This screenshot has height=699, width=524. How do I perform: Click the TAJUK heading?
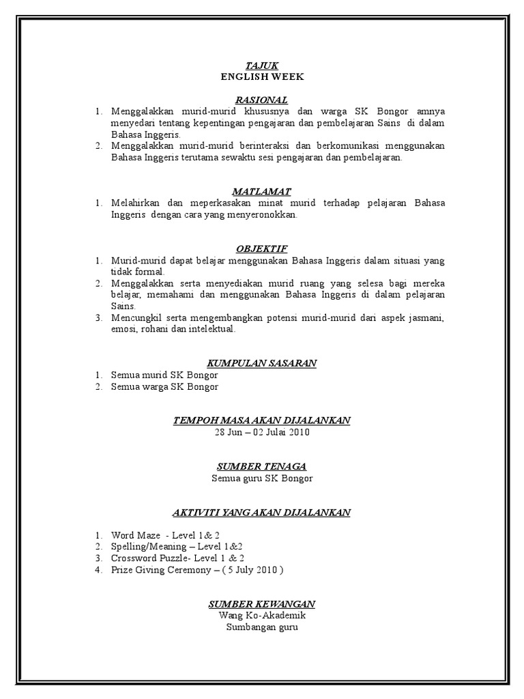click(262, 66)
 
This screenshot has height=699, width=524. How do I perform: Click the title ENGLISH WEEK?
click(262, 76)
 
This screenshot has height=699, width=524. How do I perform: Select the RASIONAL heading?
click(262, 100)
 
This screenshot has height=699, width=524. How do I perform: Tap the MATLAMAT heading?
click(262, 192)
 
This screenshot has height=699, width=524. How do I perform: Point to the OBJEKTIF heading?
click(262, 249)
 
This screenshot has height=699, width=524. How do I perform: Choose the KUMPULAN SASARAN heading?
click(262, 363)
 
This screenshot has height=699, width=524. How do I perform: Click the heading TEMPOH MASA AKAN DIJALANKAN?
click(262, 420)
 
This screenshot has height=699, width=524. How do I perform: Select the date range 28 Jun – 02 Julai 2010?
click(262, 432)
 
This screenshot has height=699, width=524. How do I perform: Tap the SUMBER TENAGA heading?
click(262, 466)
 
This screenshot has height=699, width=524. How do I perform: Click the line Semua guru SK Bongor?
click(262, 478)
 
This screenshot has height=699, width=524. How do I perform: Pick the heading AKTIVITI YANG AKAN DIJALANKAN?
click(262, 512)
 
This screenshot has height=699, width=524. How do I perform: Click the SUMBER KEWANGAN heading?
click(262, 604)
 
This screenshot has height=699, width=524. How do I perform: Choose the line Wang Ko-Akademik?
click(262, 616)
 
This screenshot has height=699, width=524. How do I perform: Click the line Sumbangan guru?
click(262, 627)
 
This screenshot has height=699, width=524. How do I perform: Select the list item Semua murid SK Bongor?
click(164, 375)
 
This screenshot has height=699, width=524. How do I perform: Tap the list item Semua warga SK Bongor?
click(164, 386)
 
